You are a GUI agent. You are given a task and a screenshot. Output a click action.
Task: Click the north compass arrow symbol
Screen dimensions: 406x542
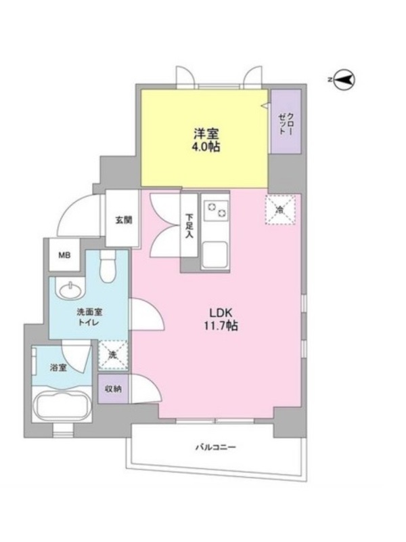click(345, 80)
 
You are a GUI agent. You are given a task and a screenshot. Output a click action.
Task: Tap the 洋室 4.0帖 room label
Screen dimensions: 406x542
click(206, 140)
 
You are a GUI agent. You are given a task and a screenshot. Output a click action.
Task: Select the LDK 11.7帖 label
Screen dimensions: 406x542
click(221, 319)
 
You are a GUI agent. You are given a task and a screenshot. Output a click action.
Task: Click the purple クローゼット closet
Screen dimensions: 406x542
click(286, 122)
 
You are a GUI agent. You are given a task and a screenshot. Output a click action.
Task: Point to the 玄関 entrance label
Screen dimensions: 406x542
click(123, 220)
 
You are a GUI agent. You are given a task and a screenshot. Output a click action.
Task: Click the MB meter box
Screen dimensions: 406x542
click(64, 255)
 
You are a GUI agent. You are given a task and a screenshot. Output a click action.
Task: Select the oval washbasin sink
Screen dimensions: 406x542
click(72, 290)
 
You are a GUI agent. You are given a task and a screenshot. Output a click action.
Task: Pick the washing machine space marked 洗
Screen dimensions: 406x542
click(112, 355)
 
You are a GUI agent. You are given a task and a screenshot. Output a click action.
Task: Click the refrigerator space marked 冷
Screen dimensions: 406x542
click(280, 210)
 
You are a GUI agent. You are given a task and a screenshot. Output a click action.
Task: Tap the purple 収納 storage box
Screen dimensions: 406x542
click(113, 389)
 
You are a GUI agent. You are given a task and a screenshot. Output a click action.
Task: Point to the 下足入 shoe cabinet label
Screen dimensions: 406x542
click(189, 226)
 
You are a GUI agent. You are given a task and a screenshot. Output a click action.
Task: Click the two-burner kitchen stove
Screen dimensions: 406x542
click(216, 210)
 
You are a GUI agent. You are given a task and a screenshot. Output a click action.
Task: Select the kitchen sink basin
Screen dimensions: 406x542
click(215, 255)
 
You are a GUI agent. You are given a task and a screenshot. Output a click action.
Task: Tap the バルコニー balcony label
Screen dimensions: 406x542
click(216, 447)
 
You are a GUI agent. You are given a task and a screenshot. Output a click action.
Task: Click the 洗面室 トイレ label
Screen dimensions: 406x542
click(89, 317)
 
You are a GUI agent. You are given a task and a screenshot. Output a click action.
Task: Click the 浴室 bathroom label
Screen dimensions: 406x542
click(58, 367)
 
